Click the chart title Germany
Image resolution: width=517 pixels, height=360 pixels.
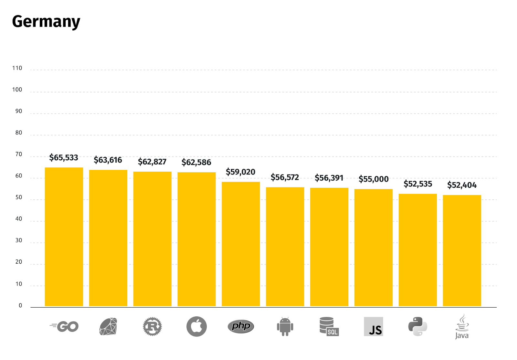click(x=46, y=22)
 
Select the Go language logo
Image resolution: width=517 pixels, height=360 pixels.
click(x=64, y=326)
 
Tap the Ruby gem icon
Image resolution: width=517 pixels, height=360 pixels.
click(x=108, y=326)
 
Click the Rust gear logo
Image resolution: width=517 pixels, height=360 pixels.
click(x=152, y=326)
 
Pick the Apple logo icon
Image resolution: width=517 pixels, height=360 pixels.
click(x=196, y=326)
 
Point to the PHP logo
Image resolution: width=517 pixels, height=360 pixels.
click(x=241, y=326)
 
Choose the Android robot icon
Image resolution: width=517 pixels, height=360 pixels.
click(x=285, y=327)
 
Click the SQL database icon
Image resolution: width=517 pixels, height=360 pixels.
click(x=329, y=326)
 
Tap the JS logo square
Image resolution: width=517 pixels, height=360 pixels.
click(x=374, y=326)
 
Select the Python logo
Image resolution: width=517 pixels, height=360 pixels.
click(x=417, y=326)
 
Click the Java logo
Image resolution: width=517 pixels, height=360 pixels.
click(x=462, y=326)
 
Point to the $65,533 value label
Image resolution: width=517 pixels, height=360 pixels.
click(x=64, y=158)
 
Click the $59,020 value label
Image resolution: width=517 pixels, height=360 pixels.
click(x=240, y=172)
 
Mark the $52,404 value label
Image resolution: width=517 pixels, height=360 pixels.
click(x=462, y=185)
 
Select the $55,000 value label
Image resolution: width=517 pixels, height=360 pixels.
click(x=374, y=179)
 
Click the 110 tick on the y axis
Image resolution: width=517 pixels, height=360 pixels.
click(x=17, y=68)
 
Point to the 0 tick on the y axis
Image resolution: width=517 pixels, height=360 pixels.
click(x=20, y=306)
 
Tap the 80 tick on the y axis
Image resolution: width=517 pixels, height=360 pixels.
click(x=19, y=133)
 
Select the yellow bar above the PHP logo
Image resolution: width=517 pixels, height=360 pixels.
click(x=241, y=244)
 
